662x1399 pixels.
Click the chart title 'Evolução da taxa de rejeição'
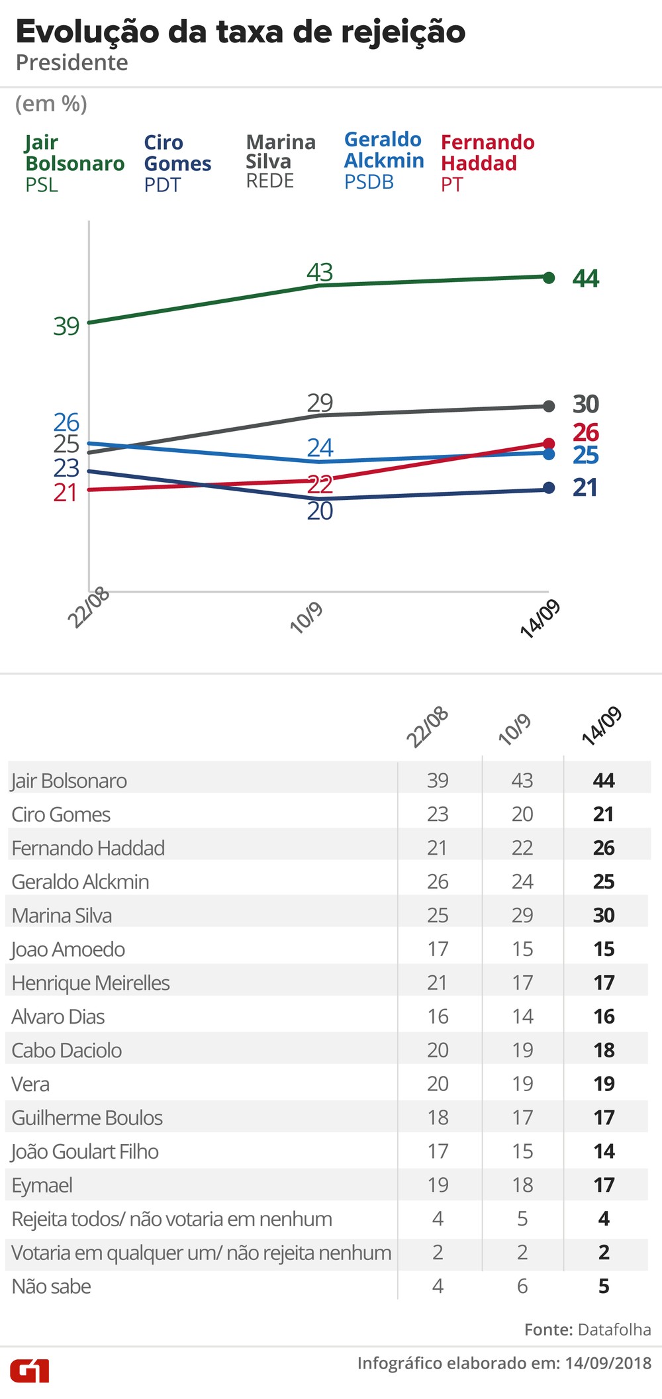tap(240, 32)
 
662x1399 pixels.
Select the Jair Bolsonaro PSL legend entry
tap(74, 163)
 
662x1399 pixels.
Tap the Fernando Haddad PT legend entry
tap(487, 163)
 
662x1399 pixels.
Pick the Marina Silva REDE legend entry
tap(281, 161)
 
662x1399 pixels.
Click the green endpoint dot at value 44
tap(549, 277)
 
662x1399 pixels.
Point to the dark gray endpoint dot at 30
tap(549, 406)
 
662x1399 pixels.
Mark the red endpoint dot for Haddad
tap(549, 443)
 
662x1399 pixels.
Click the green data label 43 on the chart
tap(320, 272)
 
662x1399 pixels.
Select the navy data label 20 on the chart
tap(320, 511)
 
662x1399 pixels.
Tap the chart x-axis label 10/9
tap(307, 617)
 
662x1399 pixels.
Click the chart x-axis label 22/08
tap(88, 608)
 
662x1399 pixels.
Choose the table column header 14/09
tap(601, 726)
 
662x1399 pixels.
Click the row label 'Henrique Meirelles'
tap(91, 983)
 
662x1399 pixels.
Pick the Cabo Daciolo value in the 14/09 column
tap(604, 1050)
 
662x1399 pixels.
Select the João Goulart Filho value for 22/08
tap(438, 1151)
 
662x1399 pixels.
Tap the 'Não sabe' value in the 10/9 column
tap(522, 1286)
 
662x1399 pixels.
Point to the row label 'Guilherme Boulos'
tap(87, 1118)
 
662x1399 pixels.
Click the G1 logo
tap(30, 1371)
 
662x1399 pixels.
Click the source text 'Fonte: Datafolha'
tap(587, 1329)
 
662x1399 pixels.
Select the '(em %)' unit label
tap(51, 104)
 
